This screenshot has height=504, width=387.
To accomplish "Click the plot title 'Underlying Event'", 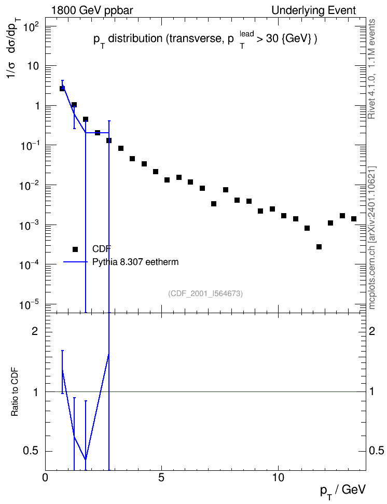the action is (x=314, y=10).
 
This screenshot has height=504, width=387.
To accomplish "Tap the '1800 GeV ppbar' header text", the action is (x=92, y=10).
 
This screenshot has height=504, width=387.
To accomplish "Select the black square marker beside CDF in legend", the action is (x=75, y=249).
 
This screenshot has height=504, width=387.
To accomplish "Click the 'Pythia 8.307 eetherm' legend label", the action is (x=135, y=262).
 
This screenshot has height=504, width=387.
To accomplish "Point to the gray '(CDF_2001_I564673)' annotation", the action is (x=205, y=293).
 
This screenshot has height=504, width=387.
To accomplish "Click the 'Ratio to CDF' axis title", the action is (x=15, y=391).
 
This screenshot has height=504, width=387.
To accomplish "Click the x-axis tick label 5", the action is (x=162, y=478).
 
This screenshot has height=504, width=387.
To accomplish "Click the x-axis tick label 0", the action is (x=45, y=478).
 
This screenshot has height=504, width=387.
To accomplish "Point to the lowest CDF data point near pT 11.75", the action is (x=319, y=246).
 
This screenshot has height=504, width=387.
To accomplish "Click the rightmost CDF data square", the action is (x=354, y=219).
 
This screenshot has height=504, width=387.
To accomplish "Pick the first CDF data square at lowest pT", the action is (x=62, y=88).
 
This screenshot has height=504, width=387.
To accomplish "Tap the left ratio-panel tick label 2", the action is (x=35, y=331).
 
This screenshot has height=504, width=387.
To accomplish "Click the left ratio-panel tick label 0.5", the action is (x=31, y=451).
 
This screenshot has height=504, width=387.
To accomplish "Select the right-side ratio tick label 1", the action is (x=372, y=392).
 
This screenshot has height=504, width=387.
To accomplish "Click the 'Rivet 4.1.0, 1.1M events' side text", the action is (x=371, y=69).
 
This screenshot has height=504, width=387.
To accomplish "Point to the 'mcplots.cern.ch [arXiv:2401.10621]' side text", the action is (x=371, y=237).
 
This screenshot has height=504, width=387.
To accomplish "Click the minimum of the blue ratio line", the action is (x=86, y=459).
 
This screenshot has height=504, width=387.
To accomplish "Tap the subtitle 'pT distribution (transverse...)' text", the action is (x=205, y=39).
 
